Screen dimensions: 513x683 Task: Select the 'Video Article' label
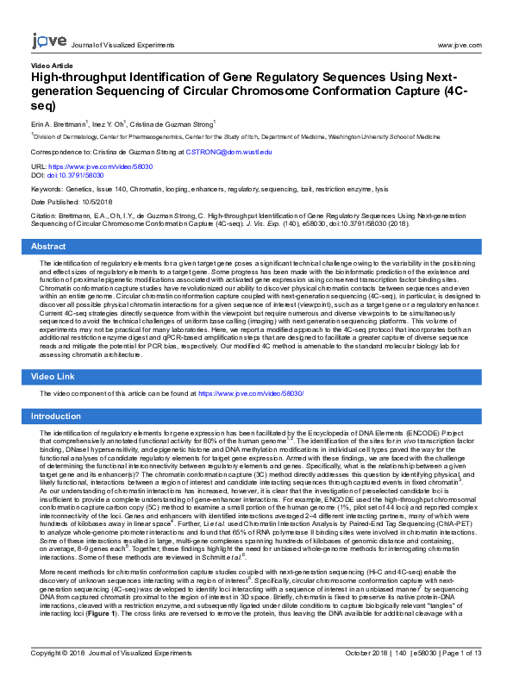pyautogui.click(x=52, y=66)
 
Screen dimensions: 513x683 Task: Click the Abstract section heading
pyautogui.click(x=48, y=247)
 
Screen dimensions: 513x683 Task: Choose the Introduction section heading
pyautogui.click(x=56, y=417)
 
